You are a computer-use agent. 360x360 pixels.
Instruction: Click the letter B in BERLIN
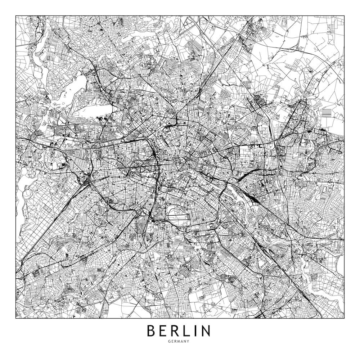(x=152, y=330)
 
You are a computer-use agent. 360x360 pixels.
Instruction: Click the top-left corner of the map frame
(x=16, y=15)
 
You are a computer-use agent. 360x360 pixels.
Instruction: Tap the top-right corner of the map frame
(x=345, y=15)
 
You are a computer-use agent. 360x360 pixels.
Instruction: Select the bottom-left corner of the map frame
(x=16, y=318)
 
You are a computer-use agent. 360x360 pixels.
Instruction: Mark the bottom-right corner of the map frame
(x=345, y=318)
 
